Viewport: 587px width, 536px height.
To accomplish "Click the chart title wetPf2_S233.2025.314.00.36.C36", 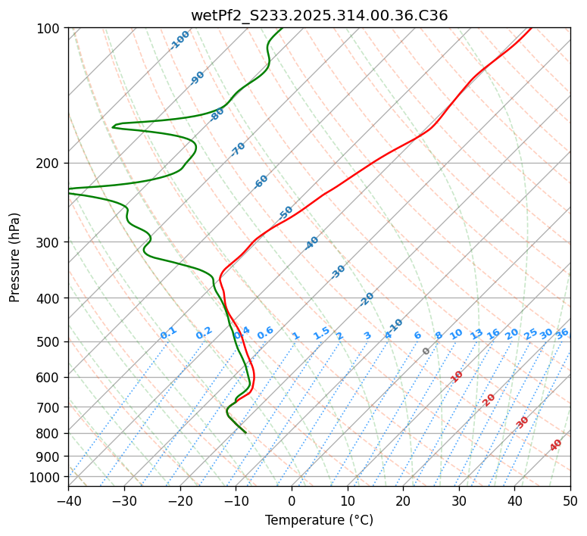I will pos(319,15).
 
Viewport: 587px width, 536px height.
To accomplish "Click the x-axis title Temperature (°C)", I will pos(319,520).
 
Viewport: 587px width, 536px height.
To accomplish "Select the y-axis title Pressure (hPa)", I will pos(15,257).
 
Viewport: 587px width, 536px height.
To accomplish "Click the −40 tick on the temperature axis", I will pos(68,500).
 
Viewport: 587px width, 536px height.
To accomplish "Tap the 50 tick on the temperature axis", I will pos(570,500).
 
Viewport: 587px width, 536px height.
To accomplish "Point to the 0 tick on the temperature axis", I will pos(292,500).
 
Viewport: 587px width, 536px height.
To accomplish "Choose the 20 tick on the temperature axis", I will pos(403,500).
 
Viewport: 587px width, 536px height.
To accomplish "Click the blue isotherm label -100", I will pos(180,39).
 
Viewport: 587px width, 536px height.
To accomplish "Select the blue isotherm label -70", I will pos(238,149).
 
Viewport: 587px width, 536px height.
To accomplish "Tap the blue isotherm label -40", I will pos(311,243).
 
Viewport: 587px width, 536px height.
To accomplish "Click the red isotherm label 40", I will pos(556,445).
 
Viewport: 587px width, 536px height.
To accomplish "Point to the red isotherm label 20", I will pos(489,399).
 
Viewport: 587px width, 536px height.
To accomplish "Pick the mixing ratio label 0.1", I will pos(168,333).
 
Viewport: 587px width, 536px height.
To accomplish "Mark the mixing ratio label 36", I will pos(562,333).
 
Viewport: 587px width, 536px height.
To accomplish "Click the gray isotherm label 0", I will pos(426,351).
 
